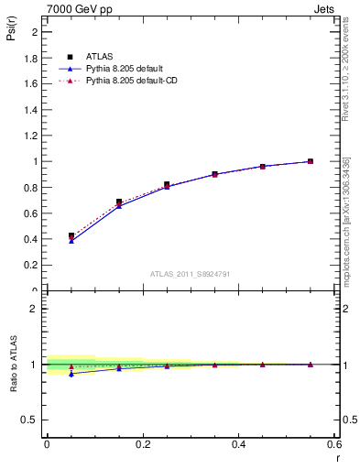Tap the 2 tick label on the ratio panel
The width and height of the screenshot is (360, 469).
click(34, 309)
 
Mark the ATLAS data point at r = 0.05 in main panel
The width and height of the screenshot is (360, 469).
click(71, 235)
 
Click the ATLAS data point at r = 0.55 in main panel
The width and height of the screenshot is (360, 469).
click(311, 161)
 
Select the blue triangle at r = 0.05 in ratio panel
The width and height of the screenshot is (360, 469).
click(71, 374)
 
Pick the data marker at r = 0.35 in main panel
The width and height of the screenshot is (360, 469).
click(214, 174)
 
